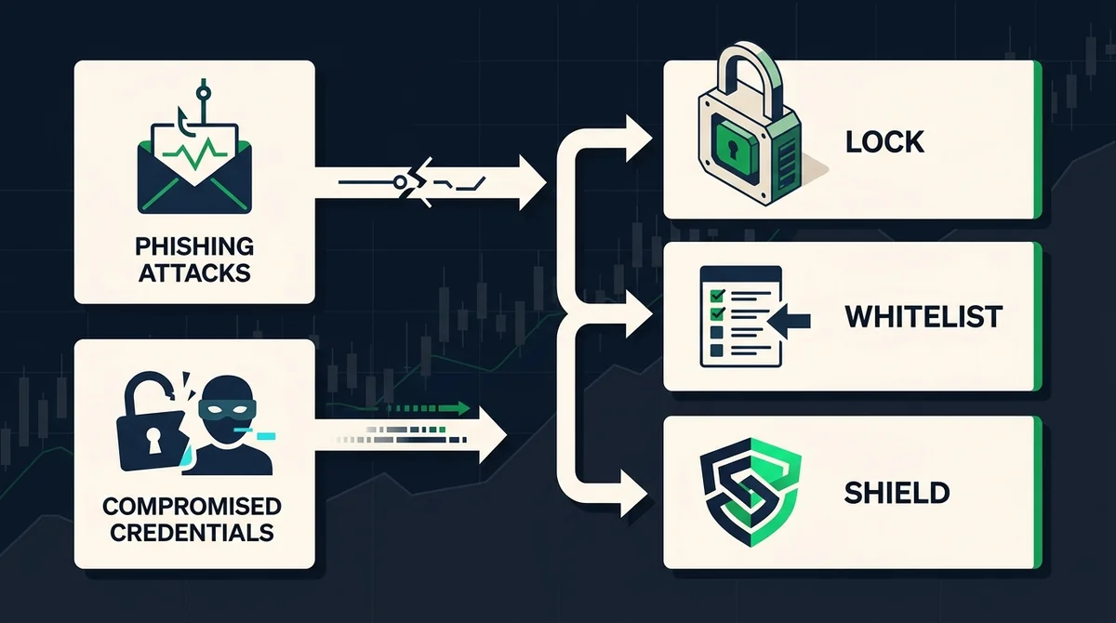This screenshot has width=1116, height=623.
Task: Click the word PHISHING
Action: [194, 246]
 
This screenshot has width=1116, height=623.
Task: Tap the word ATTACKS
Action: [194, 272]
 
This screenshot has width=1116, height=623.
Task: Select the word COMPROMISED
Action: [193, 507]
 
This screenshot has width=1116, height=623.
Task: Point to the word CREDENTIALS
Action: [193, 533]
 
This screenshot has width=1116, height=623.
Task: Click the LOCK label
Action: [884, 142]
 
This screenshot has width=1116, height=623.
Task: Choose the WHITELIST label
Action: [923, 317]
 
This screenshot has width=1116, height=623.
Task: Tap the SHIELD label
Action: [897, 493]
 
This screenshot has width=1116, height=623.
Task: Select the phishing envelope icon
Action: [194, 169]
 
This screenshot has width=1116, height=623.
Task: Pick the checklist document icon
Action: [740, 317]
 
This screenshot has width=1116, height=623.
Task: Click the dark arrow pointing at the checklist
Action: [790, 321]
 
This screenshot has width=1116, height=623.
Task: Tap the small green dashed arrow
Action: [428, 408]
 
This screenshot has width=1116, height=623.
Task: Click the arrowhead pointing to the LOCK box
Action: [639, 139]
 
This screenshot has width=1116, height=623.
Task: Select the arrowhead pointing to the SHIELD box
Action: [633, 494]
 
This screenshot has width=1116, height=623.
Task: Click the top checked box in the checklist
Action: [717, 295]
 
